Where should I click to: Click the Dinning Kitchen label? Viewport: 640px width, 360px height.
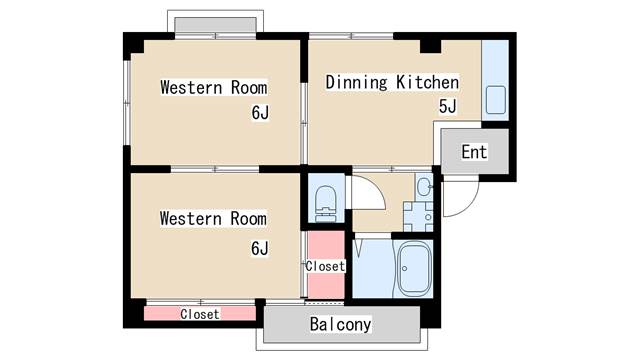392,82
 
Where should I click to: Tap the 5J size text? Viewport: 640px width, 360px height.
447,106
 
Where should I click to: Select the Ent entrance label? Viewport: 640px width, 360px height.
474,152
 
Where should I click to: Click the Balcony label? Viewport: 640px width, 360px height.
340,324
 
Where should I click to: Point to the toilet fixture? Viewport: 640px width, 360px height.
326,203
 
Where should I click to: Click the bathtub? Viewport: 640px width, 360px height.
414,268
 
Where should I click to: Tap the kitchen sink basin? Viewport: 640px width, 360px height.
496,100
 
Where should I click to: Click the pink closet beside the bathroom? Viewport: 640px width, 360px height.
325,264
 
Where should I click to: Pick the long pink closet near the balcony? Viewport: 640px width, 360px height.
200,313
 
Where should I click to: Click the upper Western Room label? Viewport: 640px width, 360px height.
214,87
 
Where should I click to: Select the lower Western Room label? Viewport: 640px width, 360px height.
213,218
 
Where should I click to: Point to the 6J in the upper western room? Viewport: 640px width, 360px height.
260,113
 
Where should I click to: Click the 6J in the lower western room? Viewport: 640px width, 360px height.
260,248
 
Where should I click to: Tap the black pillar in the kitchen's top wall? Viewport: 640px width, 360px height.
430,46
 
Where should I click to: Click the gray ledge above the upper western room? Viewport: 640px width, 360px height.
216,25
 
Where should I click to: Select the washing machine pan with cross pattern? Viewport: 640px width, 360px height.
418,216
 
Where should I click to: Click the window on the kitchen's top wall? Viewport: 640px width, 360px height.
351,36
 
